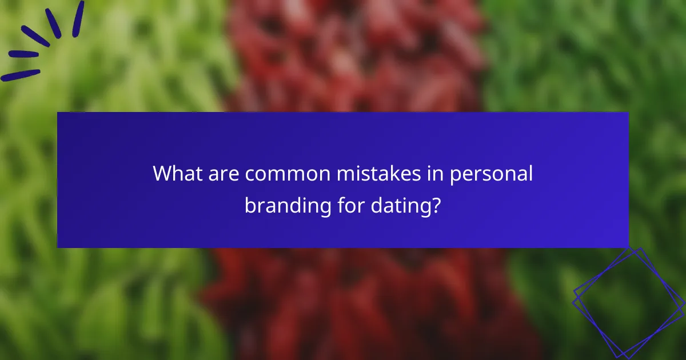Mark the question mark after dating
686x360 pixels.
[437, 205]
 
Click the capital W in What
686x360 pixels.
[163, 174]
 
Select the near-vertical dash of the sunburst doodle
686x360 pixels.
[78, 18]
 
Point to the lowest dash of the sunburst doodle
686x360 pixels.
[20, 75]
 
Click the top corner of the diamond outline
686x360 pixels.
[640, 249]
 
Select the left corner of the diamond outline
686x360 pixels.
[574, 294]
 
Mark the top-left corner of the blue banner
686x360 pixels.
[58, 113]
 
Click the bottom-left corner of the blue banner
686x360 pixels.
[58, 247]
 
